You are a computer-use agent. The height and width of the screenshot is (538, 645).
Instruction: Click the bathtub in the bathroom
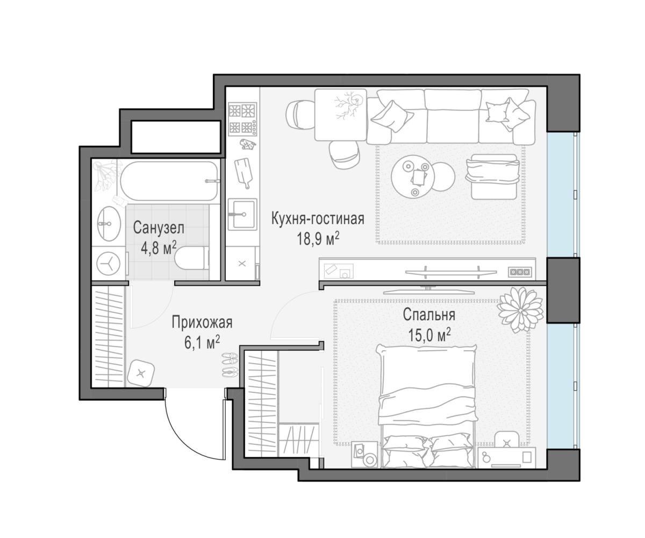click(169, 181)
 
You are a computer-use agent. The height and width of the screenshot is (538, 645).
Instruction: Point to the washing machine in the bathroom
click(109, 264)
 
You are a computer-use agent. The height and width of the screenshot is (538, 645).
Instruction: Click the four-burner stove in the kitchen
click(242, 119)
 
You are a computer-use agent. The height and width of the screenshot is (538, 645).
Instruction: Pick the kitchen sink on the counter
click(242, 214)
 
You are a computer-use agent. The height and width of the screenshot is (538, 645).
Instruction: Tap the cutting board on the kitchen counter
click(243, 173)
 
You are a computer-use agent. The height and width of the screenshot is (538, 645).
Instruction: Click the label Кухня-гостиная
click(318, 218)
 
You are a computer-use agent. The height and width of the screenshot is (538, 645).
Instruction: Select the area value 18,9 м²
click(318, 238)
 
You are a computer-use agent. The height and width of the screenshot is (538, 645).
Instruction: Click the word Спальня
click(429, 315)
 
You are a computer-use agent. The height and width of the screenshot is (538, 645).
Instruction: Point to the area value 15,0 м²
click(429, 335)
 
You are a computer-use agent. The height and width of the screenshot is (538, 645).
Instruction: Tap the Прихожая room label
click(202, 322)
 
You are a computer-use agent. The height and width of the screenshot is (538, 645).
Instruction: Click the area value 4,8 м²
click(159, 247)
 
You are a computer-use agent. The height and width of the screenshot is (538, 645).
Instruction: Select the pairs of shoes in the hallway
click(230, 365)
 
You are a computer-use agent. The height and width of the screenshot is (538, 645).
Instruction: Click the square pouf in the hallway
click(141, 373)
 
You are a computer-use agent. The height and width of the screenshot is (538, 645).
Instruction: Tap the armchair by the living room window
click(492, 176)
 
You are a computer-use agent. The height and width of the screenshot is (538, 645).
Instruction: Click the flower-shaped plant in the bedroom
click(521, 310)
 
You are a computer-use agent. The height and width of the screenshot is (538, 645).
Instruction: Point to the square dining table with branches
click(340, 115)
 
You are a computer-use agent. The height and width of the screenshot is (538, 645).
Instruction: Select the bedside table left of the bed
click(364, 454)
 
